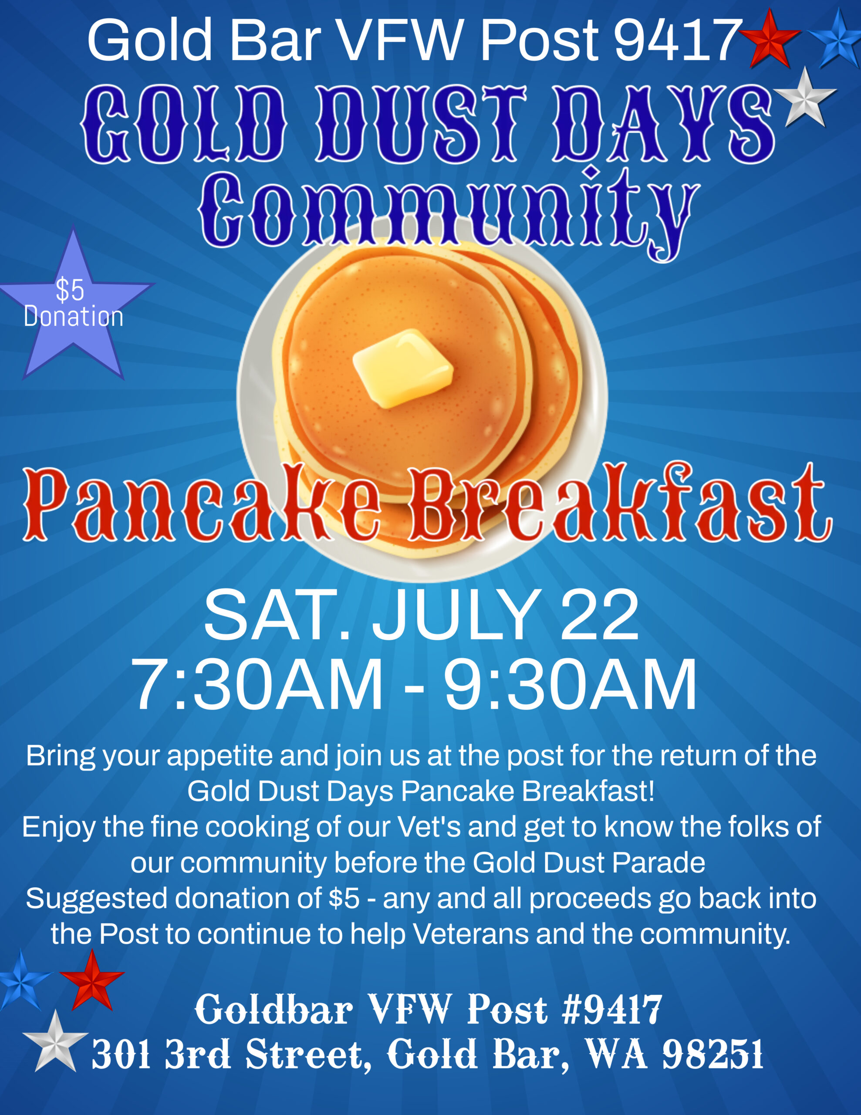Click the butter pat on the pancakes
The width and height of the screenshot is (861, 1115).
coord(403,368)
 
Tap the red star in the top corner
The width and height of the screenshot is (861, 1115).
coord(769,39)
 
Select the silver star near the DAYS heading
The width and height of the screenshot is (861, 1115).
coord(805,98)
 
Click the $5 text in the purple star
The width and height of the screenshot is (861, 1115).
coord(70,290)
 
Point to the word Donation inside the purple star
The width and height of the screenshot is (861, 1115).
coord(74,317)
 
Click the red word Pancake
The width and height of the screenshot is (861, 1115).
coord(202,503)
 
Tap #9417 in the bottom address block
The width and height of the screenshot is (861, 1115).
coord(611,1010)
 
